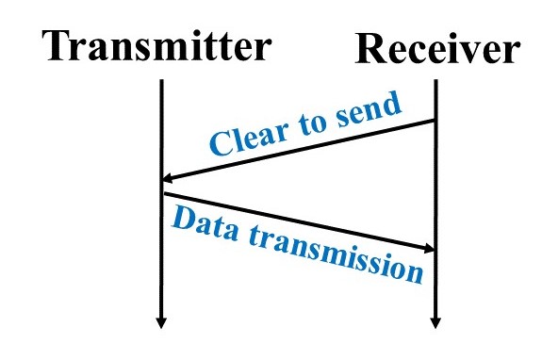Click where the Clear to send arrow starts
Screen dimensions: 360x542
click(435, 121)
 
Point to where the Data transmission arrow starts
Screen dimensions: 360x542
click(164, 194)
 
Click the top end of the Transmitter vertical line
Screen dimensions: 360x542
click(162, 81)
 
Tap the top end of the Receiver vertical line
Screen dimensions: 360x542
click(435, 81)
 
